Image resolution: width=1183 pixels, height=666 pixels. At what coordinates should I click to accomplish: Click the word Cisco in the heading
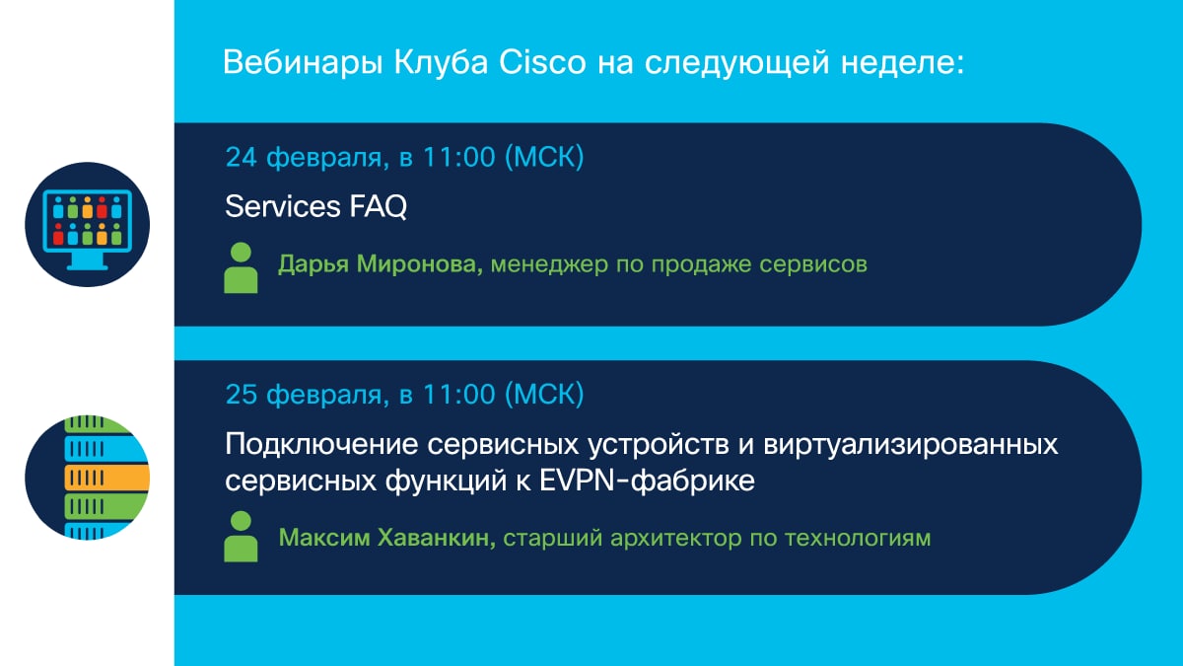click(x=542, y=62)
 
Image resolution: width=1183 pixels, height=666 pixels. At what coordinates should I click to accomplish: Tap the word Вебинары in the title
click(x=303, y=63)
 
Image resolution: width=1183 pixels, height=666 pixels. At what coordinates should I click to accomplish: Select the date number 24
click(x=242, y=157)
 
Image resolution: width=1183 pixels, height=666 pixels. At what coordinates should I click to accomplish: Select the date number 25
click(x=242, y=395)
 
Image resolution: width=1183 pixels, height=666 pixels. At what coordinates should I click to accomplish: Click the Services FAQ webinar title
click(x=315, y=206)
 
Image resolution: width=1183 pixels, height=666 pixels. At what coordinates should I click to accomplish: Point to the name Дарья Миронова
click(x=381, y=263)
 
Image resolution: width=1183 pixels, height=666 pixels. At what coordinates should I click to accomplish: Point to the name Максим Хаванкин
click(x=386, y=538)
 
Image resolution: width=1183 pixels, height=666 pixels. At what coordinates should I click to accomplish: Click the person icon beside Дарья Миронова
click(x=241, y=268)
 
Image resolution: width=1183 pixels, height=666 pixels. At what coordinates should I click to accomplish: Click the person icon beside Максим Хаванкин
click(x=241, y=537)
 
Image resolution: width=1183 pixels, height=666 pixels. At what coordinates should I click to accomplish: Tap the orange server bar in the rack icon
click(x=106, y=478)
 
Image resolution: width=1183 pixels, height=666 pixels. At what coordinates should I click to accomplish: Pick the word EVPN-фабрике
click(x=647, y=481)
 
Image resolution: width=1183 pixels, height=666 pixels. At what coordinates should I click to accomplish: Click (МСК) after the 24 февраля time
click(x=544, y=157)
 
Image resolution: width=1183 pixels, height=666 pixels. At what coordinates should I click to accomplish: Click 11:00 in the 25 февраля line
click(x=459, y=395)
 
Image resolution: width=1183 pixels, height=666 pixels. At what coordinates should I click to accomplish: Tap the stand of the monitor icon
click(x=87, y=260)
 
